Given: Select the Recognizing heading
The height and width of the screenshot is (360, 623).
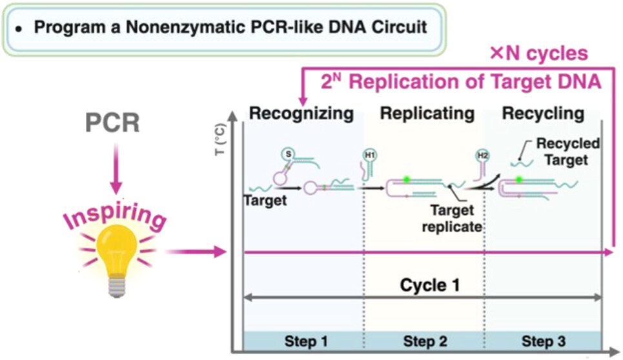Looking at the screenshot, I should pyautogui.click(x=301, y=114).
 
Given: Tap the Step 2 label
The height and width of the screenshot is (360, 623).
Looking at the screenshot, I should pyautogui.click(x=424, y=341).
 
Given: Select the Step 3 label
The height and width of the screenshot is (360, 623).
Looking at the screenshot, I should pyautogui.click(x=542, y=341).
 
